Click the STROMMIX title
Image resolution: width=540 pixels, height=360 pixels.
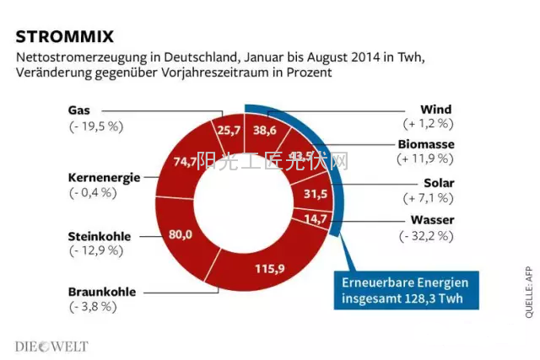coord(64,36)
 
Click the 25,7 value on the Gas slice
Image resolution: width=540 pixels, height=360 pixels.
coord(229,130)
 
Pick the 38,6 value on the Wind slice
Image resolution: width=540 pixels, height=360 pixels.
coord(266,130)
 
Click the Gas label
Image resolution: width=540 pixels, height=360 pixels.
coord(79,110)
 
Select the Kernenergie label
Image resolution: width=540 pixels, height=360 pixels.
coord(104,177)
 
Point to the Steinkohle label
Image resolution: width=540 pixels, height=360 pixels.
coord(100,236)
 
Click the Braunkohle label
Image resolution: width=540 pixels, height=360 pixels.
coord(102,293)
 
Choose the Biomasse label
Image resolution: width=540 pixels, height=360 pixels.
coord(426,144)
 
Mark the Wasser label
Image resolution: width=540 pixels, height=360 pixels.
coord(432,220)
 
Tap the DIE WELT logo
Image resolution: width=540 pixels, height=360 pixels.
coord(51,346)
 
